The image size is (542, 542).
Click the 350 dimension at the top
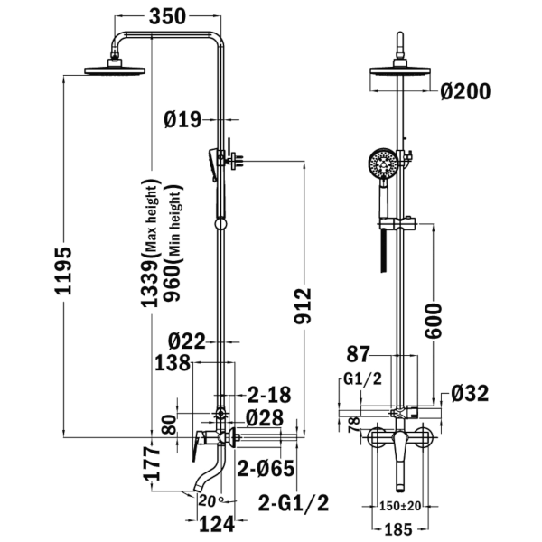click(x=167, y=16)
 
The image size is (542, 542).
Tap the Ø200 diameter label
click(x=465, y=91)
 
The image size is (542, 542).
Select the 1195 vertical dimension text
click(x=64, y=271)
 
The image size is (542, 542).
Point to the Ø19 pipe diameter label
click(x=182, y=120)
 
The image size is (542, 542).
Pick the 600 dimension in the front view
click(x=433, y=321)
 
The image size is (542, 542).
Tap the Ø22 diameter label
click(x=187, y=341)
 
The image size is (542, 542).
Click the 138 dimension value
click(x=173, y=363)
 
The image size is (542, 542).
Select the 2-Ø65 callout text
click(x=266, y=468)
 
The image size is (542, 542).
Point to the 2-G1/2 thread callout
click(x=294, y=503)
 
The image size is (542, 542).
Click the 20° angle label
click(x=211, y=500)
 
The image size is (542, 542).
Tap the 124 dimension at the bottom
click(x=217, y=524)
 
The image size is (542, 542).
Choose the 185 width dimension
click(x=398, y=529)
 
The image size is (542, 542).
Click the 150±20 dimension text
click(x=400, y=507)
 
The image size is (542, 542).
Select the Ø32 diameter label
click(x=470, y=393)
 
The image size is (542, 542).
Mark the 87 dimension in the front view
click(x=358, y=354)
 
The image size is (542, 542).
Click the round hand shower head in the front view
click(x=383, y=164)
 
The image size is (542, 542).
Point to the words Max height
click(x=151, y=219)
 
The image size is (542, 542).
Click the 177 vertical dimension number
click(x=152, y=463)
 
